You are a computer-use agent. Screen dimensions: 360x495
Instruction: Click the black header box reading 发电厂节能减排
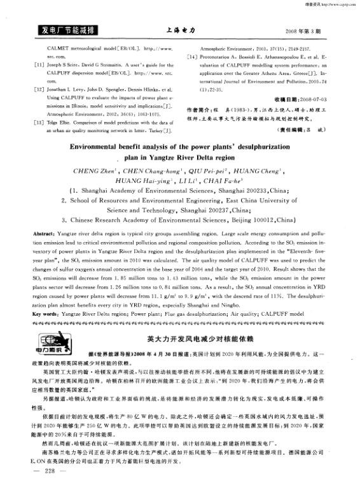tap(67, 30)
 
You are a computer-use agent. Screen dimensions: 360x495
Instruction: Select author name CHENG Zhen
tap(92, 172)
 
